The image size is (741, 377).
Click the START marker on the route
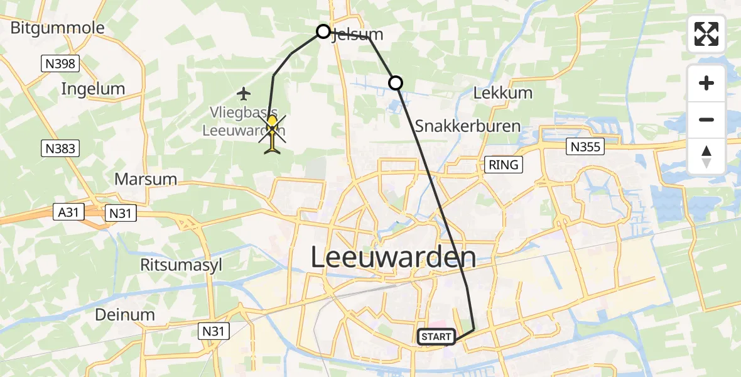[x=436, y=337]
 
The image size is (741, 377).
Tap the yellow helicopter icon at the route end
[x=273, y=133]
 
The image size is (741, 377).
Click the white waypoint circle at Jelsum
[x=323, y=31]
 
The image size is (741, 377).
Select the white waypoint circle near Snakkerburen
[x=395, y=82]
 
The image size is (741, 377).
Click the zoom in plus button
[x=706, y=83]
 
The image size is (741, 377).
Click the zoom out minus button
[x=706, y=119]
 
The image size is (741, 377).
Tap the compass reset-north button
[x=706, y=156]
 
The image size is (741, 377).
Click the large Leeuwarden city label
[x=393, y=258]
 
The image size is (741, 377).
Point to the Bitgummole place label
[x=57, y=28]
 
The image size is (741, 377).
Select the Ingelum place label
[x=93, y=89]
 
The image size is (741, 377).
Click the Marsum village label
[x=145, y=179]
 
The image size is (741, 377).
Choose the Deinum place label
[x=125, y=314]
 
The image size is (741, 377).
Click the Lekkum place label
[x=502, y=92]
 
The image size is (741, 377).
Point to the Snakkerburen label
[x=467, y=126]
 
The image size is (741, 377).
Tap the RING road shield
[x=504, y=165]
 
